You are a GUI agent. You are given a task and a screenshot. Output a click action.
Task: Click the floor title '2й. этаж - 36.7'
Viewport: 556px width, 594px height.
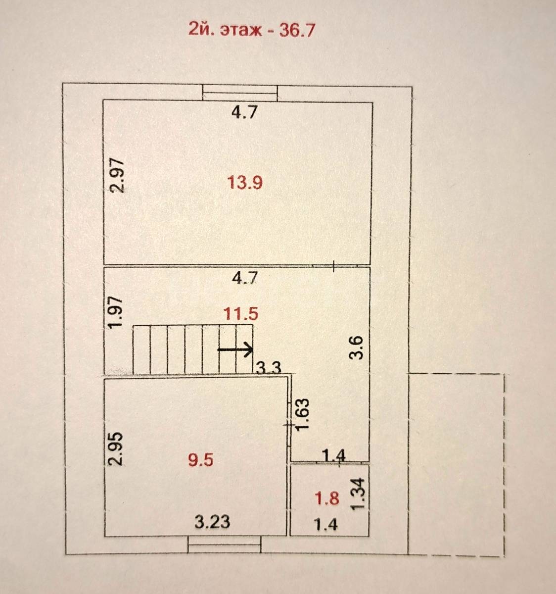[x=252, y=30]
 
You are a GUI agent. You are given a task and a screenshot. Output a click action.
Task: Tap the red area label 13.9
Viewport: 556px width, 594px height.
[x=245, y=183]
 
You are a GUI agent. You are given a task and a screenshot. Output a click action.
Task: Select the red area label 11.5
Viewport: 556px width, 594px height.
[x=241, y=314]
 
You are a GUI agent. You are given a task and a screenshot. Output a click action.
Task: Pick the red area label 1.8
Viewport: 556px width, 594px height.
[x=327, y=498]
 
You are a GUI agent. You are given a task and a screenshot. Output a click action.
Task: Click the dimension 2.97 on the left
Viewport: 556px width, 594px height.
[x=116, y=176]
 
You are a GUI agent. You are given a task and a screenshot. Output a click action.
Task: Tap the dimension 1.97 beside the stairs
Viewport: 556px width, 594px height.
[x=115, y=312]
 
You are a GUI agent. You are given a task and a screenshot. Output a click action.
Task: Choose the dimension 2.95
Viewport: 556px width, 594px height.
[x=115, y=448]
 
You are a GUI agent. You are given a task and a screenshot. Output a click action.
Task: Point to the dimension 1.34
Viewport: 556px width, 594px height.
[x=358, y=494]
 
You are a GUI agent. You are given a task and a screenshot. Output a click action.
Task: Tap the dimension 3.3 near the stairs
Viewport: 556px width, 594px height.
[x=269, y=367]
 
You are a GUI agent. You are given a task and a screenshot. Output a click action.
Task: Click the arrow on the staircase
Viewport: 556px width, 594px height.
[x=235, y=349]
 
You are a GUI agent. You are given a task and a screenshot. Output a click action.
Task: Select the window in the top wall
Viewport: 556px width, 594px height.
[x=240, y=93]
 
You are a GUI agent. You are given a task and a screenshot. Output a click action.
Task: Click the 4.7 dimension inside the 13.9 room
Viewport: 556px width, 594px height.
[x=244, y=113]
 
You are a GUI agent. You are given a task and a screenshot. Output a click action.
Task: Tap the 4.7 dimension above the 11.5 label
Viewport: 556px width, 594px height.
[x=245, y=278]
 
